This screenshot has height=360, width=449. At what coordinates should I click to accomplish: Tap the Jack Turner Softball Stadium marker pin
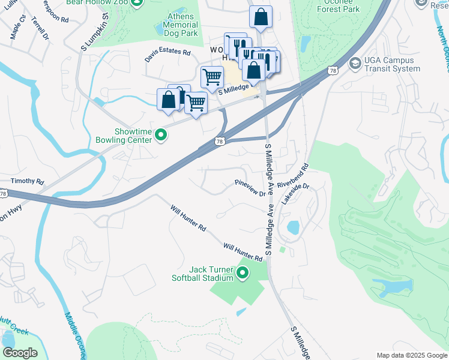243,274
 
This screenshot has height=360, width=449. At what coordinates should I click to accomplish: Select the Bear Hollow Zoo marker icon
137,4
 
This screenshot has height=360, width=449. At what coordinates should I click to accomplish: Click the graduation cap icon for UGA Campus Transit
355,63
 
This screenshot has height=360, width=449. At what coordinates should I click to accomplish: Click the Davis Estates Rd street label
167,56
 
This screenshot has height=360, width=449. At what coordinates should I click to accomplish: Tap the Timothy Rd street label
27,181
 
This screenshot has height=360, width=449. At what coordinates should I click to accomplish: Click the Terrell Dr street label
40,26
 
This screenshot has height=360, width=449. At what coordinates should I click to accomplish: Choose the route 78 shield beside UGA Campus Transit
331,71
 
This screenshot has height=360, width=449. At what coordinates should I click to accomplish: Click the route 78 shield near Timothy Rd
4,193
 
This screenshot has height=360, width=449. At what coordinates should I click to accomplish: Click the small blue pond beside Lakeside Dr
293,228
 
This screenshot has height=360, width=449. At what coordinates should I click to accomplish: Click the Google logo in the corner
20,353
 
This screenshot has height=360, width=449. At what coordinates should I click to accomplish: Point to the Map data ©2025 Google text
411,355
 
